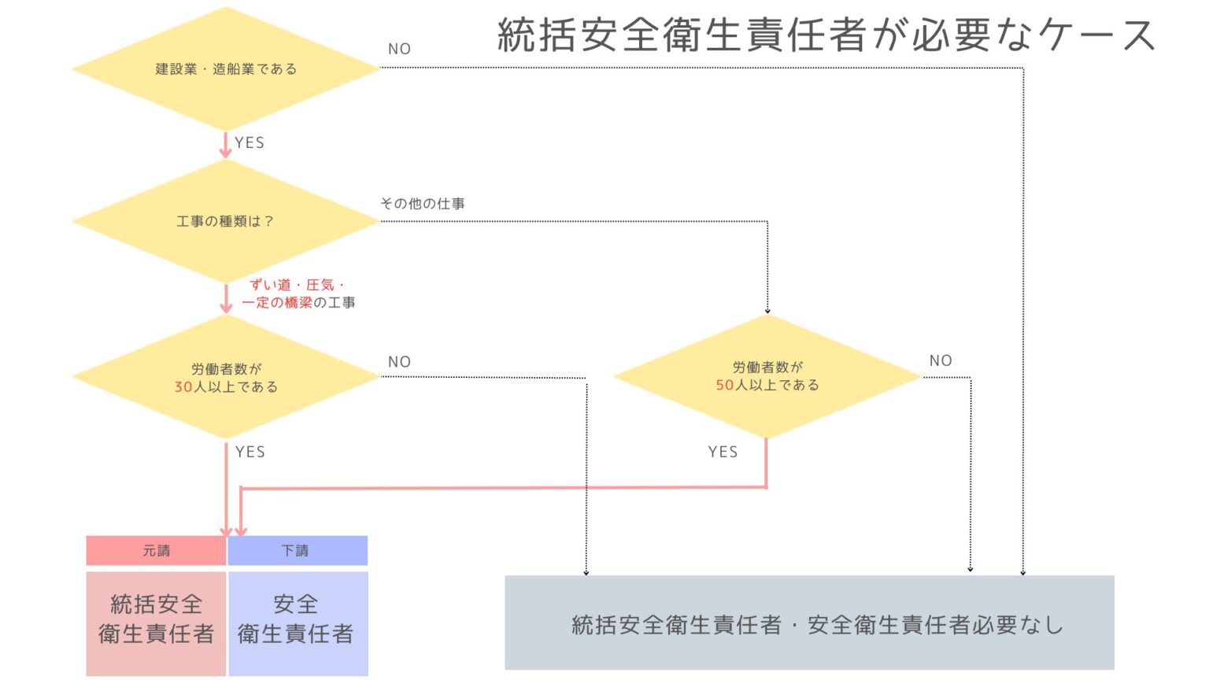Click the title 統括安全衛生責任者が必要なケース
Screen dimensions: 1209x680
click(x=826, y=35)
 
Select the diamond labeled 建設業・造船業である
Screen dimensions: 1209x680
click(x=226, y=69)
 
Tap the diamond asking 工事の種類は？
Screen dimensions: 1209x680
click(x=226, y=221)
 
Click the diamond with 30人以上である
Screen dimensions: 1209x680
click(x=226, y=377)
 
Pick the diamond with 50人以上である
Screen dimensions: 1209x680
click(x=767, y=376)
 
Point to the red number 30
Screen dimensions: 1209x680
click(x=183, y=387)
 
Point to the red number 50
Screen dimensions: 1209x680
click(x=725, y=385)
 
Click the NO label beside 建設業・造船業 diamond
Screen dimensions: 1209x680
click(x=399, y=49)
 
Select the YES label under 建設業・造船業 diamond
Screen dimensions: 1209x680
click(x=250, y=143)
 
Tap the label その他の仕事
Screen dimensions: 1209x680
click(x=423, y=204)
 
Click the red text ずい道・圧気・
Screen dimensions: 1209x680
click(x=297, y=285)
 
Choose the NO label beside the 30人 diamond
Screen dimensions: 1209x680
click(x=399, y=361)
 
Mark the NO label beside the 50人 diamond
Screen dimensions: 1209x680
click(x=941, y=360)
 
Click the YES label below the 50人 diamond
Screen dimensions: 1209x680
click(x=723, y=452)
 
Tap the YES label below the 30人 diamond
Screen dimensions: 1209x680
click(x=250, y=452)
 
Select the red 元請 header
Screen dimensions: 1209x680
click(x=156, y=550)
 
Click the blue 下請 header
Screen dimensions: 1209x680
click(x=298, y=550)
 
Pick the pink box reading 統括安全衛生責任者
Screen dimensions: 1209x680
click(x=156, y=623)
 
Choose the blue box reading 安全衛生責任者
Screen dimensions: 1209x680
click(x=298, y=623)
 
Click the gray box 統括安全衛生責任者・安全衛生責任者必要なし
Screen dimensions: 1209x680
click(x=810, y=623)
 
